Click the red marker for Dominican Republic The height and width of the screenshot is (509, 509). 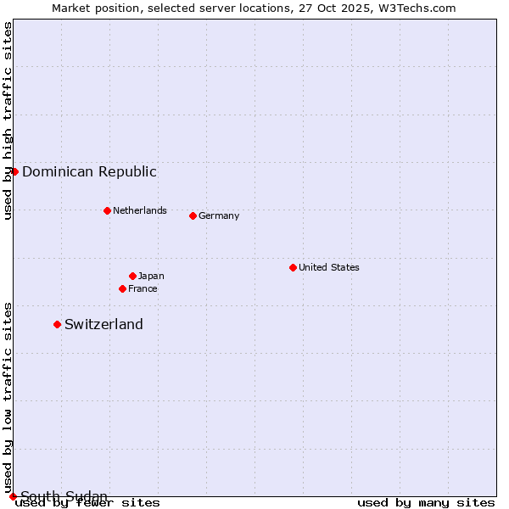pos(14,171)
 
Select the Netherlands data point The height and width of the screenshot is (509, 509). pos(107,210)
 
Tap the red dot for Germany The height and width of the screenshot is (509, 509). pos(193,215)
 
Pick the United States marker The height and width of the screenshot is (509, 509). pos(293,267)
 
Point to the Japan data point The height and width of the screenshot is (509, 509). pos(132,276)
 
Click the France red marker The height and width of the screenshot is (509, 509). pos(122,288)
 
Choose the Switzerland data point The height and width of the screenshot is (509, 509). pos(57,324)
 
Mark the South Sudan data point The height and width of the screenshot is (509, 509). pos(13,496)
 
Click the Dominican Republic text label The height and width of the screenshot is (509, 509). pos(89,171)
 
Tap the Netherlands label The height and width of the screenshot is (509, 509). pos(140,210)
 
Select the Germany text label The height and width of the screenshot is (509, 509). pos(219,215)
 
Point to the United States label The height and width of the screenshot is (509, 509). pos(329,267)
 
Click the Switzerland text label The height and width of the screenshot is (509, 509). pos(103,324)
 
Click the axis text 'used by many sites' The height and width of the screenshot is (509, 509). pos(426,502)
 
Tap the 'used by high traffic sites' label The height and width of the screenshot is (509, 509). pos(8,120)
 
